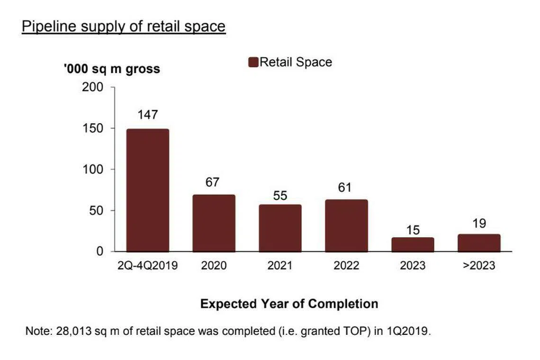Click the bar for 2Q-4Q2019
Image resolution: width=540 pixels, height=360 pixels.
pos(147,190)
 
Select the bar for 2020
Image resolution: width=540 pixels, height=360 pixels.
pos(214,223)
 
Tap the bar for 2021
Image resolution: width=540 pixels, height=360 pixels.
pos(280,228)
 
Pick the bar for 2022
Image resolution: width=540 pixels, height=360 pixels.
pos(346,225)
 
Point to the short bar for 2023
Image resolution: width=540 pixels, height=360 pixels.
pos(413,244)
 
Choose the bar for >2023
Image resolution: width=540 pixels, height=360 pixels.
pos(479,243)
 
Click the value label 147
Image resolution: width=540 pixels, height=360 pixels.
pos(147,115)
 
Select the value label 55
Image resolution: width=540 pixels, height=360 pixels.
pos(280,195)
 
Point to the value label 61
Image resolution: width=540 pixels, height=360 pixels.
pos(345,188)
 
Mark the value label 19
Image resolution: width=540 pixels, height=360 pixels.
pos(479,224)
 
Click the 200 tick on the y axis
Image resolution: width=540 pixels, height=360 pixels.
pos(93,88)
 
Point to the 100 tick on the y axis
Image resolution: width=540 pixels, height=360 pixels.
pos(93,170)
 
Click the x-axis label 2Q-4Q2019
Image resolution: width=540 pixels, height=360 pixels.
pos(147,265)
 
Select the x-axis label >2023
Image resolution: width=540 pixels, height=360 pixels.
pos(479,265)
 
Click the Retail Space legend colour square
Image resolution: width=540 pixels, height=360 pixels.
pos(253,63)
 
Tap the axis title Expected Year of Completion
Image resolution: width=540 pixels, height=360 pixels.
pos(289,304)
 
